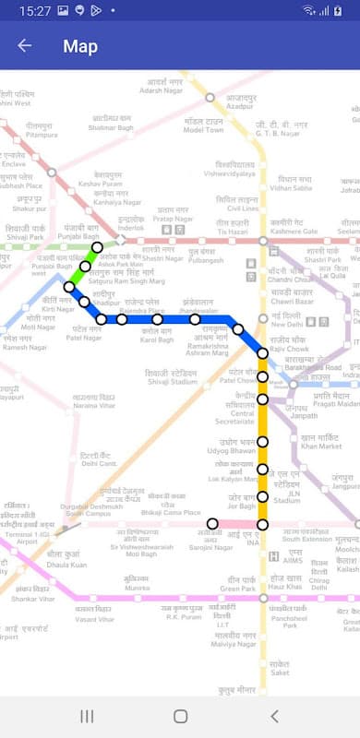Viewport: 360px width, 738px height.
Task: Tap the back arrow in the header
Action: point(24,45)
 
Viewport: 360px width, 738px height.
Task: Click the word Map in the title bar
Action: point(80,45)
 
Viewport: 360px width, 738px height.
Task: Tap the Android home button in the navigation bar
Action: point(180,716)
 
